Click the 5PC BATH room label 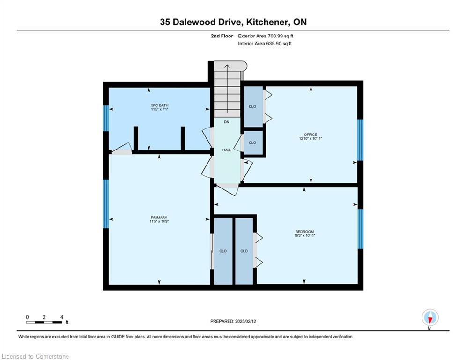pos(160,105)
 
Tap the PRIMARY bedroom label pos(159,217)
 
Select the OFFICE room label pos(310,135)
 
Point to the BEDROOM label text pos(304,232)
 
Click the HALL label pos(227,150)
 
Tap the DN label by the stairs pos(227,122)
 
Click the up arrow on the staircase pos(227,89)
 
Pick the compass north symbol pos(430,318)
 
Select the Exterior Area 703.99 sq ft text pos(266,36)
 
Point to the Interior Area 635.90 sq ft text pos(265,44)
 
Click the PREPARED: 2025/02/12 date pos(233,321)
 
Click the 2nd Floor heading pos(222,36)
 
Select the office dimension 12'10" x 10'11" pos(311,138)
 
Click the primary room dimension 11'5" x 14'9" pos(159,221)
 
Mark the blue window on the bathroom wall pos(106,118)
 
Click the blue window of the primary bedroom pos(106,204)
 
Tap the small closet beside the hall pos(253,142)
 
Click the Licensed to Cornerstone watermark pos(35,356)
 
